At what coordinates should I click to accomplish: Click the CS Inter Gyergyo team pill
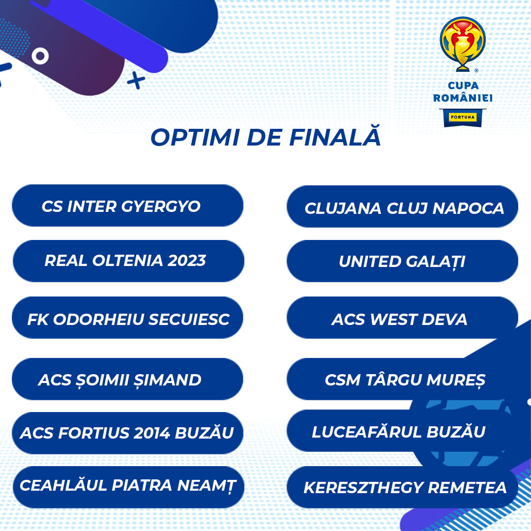pyautogui.click(x=128, y=206)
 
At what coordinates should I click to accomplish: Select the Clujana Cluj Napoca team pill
pyautogui.click(x=402, y=206)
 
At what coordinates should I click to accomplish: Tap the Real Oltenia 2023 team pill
pyautogui.click(x=128, y=261)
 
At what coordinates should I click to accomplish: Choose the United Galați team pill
pyautogui.click(x=402, y=261)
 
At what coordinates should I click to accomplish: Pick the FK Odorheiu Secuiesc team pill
pyautogui.click(x=128, y=318)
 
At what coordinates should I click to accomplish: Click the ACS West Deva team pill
pyautogui.click(x=402, y=318)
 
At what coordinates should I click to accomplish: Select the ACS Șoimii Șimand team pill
pyautogui.click(x=128, y=379)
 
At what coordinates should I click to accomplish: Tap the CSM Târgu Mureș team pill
pyautogui.click(x=402, y=379)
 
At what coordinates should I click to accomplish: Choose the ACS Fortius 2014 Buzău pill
pyautogui.click(x=128, y=433)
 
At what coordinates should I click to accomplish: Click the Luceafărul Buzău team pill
pyautogui.click(x=402, y=431)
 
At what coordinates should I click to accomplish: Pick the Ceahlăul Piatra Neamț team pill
pyautogui.click(x=128, y=487)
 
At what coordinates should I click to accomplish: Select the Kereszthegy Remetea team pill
pyautogui.click(x=402, y=487)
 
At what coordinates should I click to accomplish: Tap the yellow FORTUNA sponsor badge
pyautogui.click(x=463, y=117)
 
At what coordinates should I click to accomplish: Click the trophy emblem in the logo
pyautogui.click(x=463, y=44)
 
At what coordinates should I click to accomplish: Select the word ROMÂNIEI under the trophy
pyautogui.click(x=463, y=98)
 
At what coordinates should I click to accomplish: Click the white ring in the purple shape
pyautogui.click(x=40, y=56)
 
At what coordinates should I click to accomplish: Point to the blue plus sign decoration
pyautogui.click(x=136, y=80)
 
